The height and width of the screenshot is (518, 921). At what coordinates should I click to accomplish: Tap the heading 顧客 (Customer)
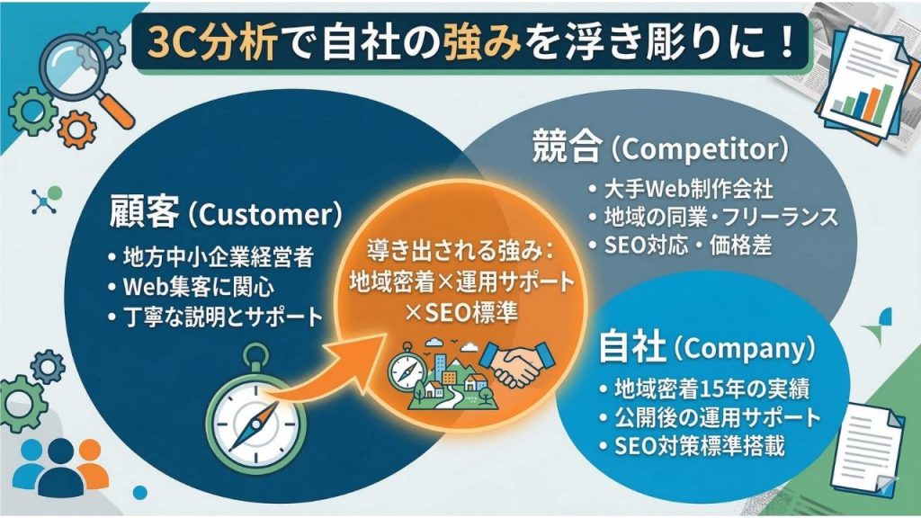[x=226, y=212]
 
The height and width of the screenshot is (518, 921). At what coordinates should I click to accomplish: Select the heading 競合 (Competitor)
[x=660, y=147]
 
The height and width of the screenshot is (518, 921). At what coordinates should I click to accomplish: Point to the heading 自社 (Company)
[x=707, y=347]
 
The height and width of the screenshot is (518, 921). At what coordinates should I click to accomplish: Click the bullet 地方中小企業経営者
[x=211, y=257]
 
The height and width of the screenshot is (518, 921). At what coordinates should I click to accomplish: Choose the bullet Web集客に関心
[x=192, y=287]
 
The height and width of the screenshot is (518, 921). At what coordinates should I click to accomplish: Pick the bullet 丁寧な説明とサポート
[x=216, y=317]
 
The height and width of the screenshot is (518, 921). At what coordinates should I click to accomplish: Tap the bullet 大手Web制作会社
[x=682, y=189]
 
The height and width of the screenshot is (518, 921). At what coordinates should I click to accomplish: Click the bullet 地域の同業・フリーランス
[x=713, y=217]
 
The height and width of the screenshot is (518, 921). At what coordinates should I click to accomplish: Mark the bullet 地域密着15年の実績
[x=705, y=388]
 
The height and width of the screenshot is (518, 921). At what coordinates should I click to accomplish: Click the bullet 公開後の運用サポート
[x=711, y=417]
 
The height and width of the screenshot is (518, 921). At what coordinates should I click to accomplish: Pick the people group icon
[x=60, y=467]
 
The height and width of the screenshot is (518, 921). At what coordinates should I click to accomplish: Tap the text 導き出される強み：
[x=461, y=252]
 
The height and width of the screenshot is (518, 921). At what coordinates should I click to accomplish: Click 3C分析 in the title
[x=212, y=43]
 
